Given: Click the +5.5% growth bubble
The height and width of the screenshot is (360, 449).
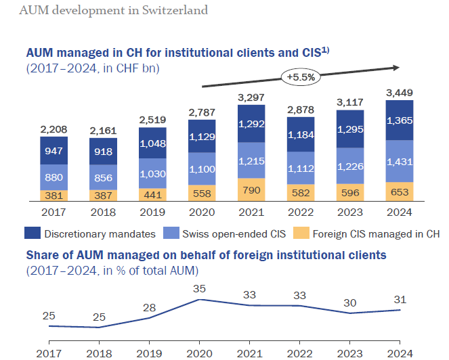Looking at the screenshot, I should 300,77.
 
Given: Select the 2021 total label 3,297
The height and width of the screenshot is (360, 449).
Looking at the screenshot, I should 251,98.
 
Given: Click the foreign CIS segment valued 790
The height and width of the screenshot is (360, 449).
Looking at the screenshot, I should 251,190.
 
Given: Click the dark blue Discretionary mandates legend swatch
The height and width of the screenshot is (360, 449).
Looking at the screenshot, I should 33,234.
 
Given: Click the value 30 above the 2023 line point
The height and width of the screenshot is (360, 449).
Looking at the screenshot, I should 350,302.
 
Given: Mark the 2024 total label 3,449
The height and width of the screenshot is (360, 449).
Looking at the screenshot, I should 400,93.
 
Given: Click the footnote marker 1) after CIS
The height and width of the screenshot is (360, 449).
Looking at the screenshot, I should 324,49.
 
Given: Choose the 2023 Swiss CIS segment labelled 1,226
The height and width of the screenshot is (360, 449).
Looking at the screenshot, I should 350,164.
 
